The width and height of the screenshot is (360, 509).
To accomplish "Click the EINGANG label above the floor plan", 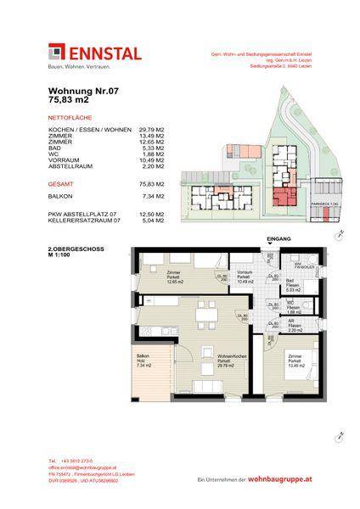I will [x=278, y=240].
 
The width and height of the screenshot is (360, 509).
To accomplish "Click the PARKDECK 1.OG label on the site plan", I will [x=324, y=204].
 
